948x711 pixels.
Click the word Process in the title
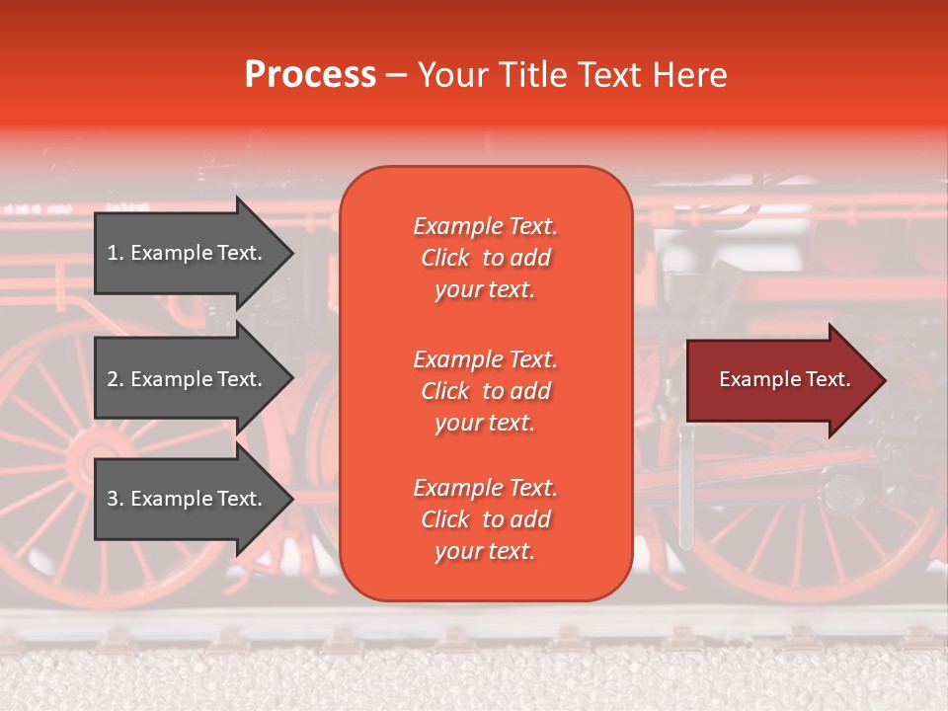[x=310, y=75]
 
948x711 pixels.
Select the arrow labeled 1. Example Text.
[x=188, y=253]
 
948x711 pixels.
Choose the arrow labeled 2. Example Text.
[x=188, y=379]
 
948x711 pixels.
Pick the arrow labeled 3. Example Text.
[x=188, y=499]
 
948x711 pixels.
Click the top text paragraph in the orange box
[x=485, y=258]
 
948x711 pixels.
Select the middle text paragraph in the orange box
[x=485, y=391]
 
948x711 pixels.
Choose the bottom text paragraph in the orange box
[x=485, y=519]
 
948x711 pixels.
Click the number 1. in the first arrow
[x=116, y=253]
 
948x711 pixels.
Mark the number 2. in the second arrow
[x=116, y=379]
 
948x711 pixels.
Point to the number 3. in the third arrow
[x=116, y=499]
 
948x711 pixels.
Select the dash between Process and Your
[x=395, y=76]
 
